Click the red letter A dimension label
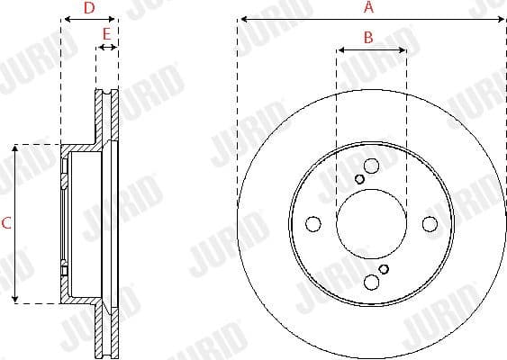pyautogui.click(x=367, y=7)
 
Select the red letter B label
pyautogui.click(x=367, y=37)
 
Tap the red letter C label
pyautogui.click(x=5, y=223)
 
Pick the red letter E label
pyautogui.click(x=106, y=34)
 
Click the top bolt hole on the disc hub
pyautogui.click(x=371, y=165)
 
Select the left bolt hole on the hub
pyautogui.click(x=312, y=223)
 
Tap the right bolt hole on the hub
pyautogui.click(x=430, y=223)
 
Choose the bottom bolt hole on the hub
pyautogui.click(x=371, y=283)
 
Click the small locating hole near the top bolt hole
pyautogui.click(x=359, y=178)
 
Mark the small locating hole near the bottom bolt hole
pyautogui.click(x=384, y=269)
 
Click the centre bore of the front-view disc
pyautogui.click(x=371, y=223)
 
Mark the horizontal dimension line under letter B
pyautogui.click(x=371, y=49)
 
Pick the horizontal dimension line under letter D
pyautogui.click(x=88, y=19)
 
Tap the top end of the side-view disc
pyautogui.click(x=106, y=91)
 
